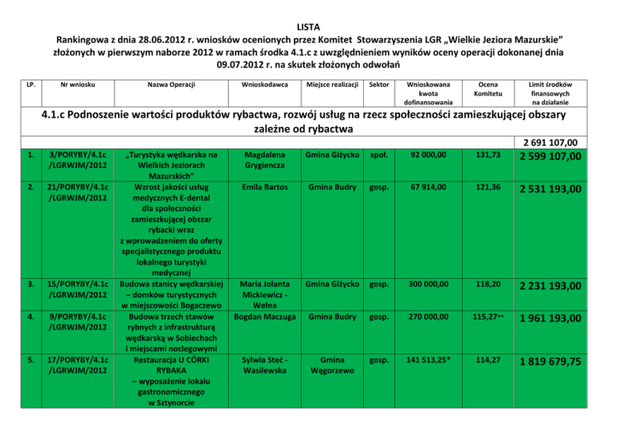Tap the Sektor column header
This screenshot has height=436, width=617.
click(x=374, y=84)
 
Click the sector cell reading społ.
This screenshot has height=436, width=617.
click(x=374, y=155)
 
